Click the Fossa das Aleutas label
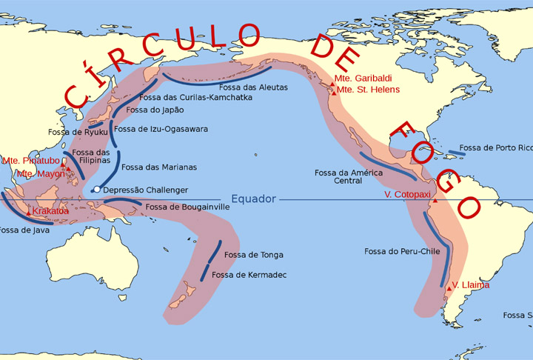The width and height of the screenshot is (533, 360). tap(252, 87)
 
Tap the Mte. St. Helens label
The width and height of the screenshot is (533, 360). tap(369, 90)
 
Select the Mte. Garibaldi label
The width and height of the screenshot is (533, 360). tap(363, 78)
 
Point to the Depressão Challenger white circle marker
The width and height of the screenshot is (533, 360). tap(96, 190)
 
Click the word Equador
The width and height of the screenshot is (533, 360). tap(253, 199)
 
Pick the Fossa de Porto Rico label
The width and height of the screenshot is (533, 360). tap(495, 147)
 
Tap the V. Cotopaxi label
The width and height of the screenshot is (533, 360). tap(408, 193)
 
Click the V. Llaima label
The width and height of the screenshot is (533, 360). tap(471, 284)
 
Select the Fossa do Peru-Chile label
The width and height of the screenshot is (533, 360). tap(402, 251)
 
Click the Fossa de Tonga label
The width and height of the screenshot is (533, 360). tap(253, 255)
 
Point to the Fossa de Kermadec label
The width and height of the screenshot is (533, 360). tap(249, 275)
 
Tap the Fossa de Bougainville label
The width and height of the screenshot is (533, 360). tap(187, 207)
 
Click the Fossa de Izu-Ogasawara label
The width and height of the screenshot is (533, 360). tap(172, 129)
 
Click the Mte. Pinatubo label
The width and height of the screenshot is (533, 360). tap(30, 160)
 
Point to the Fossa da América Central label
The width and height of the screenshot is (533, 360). tap(348, 176)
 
